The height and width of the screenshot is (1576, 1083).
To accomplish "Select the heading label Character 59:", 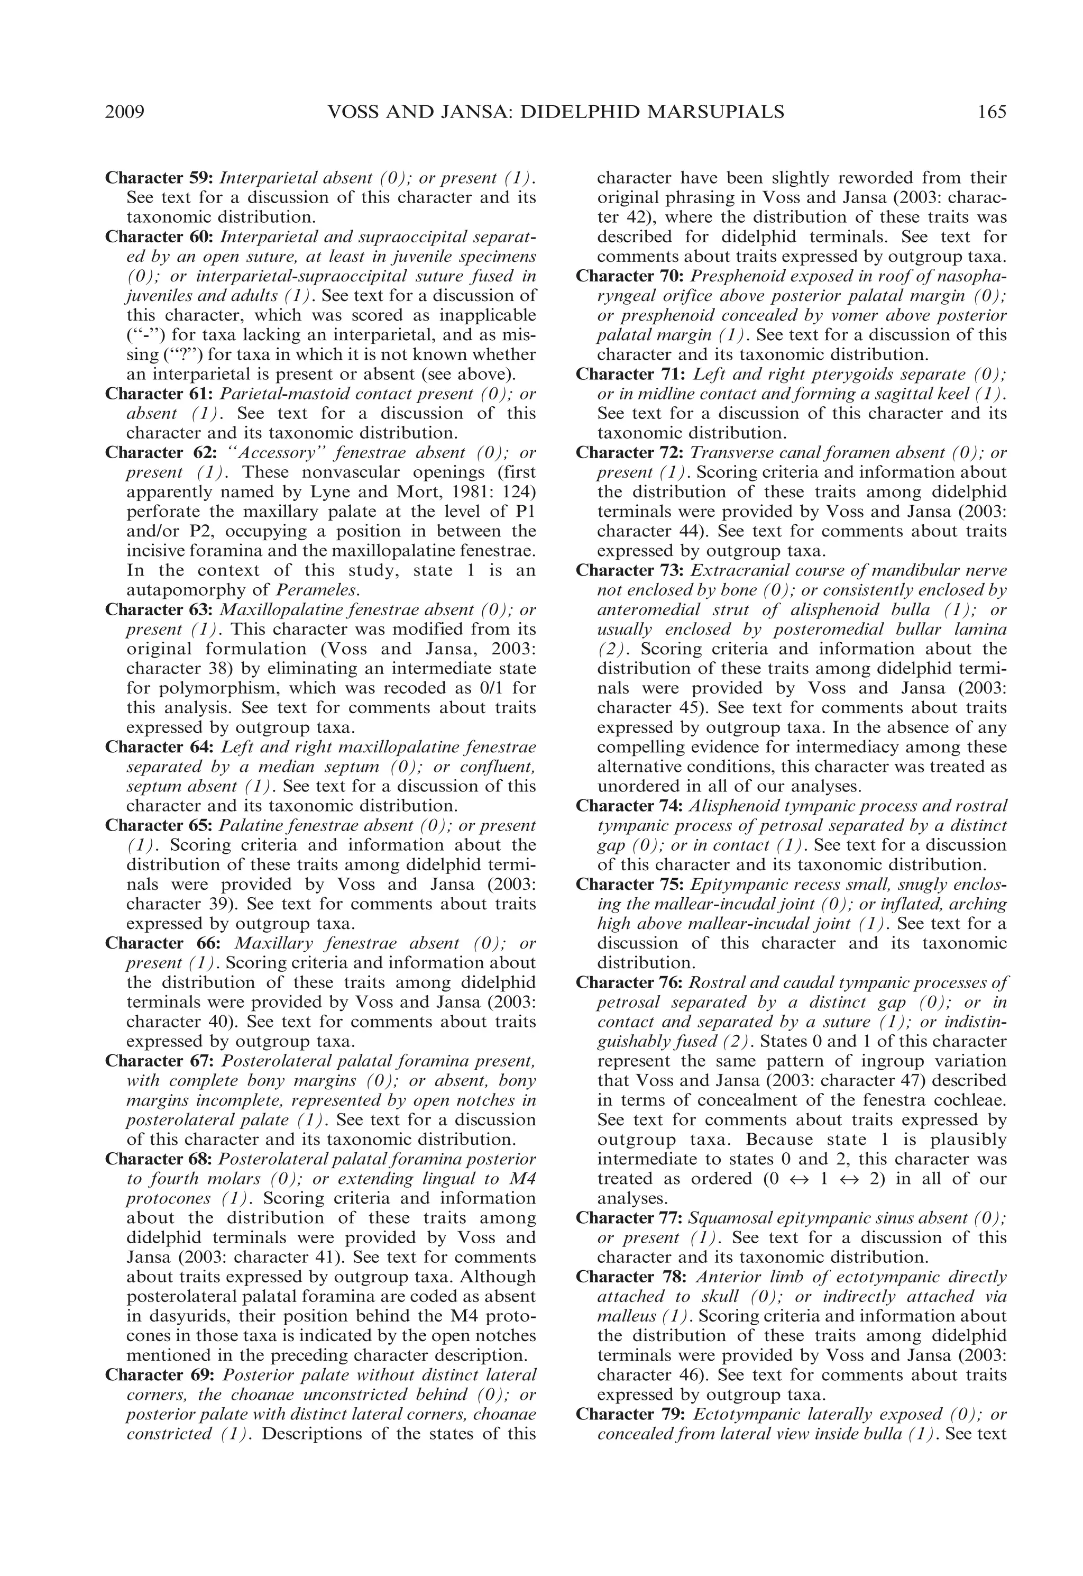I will point(160,178).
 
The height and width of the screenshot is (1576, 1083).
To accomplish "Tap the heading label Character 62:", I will point(160,453).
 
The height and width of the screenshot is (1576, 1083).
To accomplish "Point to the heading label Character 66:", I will point(160,943).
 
